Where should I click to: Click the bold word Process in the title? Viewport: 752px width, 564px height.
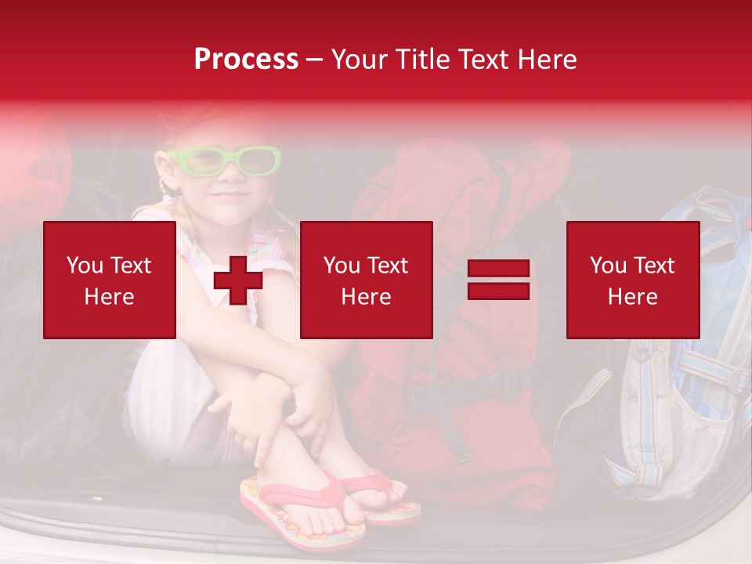pyautogui.click(x=246, y=59)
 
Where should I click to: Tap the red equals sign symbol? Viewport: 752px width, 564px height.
pyautogui.click(x=498, y=280)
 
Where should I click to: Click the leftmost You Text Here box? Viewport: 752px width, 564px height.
pyautogui.click(x=110, y=280)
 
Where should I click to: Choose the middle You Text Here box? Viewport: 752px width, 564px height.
pyautogui.click(x=366, y=280)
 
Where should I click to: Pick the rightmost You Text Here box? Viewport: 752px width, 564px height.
pyautogui.click(x=632, y=280)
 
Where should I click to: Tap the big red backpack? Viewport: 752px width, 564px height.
pyautogui.click(x=462, y=376)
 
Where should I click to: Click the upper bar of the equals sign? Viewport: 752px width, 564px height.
pyautogui.click(x=498, y=269)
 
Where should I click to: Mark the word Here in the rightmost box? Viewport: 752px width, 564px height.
pyautogui.click(x=632, y=297)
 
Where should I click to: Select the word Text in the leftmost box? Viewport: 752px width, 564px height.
pyautogui.click(x=130, y=266)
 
